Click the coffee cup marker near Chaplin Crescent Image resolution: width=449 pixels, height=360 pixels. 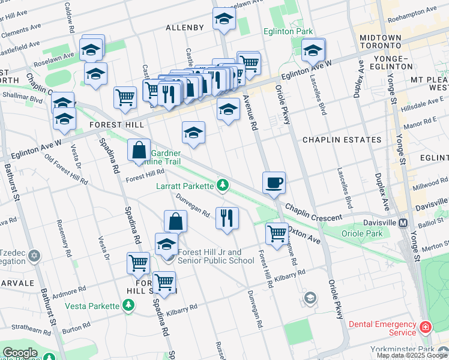pyautogui.click(x=274, y=182)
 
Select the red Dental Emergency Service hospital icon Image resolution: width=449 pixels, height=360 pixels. pyautogui.click(x=425, y=328)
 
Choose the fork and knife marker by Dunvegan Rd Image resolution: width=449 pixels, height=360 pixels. pyautogui.click(x=226, y=218)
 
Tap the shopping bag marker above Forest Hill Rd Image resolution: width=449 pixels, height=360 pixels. pyautogui.click(x=139, y=151)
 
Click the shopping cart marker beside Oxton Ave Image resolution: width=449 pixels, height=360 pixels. pyautogui.click(x=276, y=233)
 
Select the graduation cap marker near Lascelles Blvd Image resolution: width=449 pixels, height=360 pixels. pyautogui.click(x=312, y=51)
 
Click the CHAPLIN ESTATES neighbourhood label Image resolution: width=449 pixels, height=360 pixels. pyautogui.click(x=342, y=140)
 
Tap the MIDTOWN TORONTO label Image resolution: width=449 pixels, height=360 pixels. pyautogui.click(x=380, y=41)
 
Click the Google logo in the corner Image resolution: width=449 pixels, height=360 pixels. pyautogui.click(x=20, y=353)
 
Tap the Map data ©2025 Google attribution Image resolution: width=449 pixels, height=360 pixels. pyautogui.click(x=412, y=355)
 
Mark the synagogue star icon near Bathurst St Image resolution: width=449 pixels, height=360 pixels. pyautogui.click(x=34, y=256)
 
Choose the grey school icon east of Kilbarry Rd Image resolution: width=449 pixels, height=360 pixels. pyautogui.click(x=310, y=298)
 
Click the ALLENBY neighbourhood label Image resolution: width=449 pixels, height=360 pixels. pyautogui.click(x=185, y=28)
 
